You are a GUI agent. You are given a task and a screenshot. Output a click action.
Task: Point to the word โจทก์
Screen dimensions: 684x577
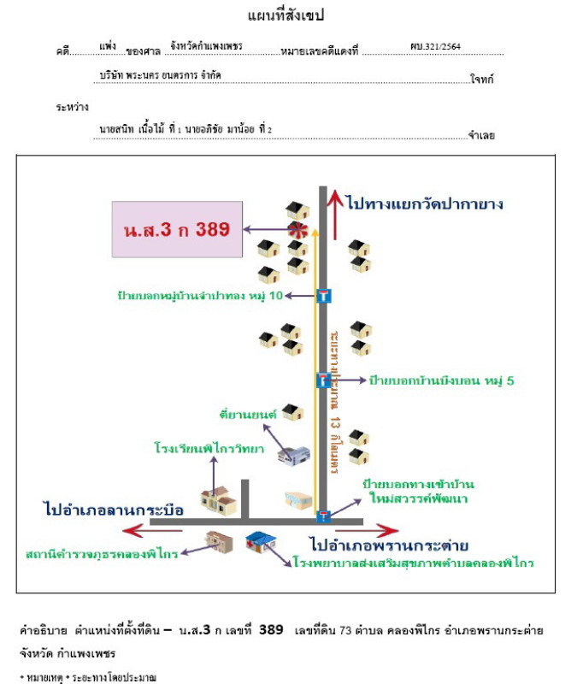(x=483, y=80)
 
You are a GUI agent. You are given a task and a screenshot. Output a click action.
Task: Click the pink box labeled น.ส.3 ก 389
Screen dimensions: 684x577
(x=177, y=229)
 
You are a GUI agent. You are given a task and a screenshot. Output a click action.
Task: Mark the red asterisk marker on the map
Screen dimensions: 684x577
(x=297, y=229)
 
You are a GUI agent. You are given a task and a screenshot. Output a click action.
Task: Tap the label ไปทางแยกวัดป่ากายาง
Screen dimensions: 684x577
(x=425, y=203)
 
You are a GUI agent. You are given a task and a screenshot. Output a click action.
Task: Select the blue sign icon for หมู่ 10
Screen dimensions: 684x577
(x=323, y=296)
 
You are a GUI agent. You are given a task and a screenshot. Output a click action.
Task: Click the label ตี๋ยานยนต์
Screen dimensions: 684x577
(x=247, y=414)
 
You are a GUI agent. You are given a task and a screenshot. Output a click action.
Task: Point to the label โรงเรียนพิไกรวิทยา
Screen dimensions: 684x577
(x=209, y=447)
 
